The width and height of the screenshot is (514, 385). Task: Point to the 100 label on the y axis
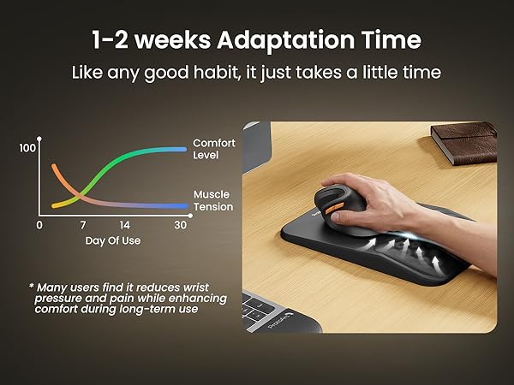(27, 148)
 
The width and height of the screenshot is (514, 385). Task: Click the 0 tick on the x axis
(39, 225)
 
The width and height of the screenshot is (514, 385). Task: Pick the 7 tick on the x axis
(83, 225)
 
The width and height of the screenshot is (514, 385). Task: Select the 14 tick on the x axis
(124, 225)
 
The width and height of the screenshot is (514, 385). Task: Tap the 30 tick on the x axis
(179, 225)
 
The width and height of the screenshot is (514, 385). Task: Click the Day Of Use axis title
(112, 240)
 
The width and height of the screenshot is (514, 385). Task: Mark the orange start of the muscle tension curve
(56, 167)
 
